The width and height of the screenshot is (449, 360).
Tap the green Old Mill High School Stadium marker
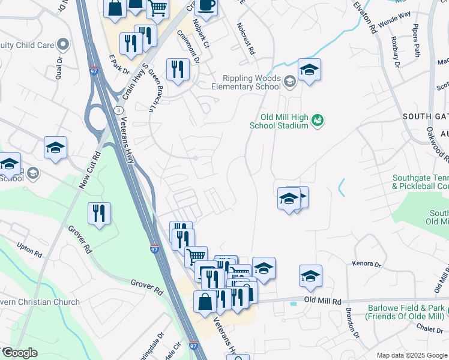318,121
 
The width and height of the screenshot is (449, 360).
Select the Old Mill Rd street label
322,300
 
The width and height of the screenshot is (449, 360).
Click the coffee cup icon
206,6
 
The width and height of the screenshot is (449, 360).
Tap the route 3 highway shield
120,110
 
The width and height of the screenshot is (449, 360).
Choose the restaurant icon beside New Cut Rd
98,214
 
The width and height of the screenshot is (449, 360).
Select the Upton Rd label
29,251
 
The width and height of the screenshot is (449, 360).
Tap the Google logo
19,353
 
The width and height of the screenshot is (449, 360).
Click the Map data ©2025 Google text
411,355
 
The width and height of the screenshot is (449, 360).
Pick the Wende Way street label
397,14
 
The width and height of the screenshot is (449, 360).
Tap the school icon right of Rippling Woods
309,70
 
